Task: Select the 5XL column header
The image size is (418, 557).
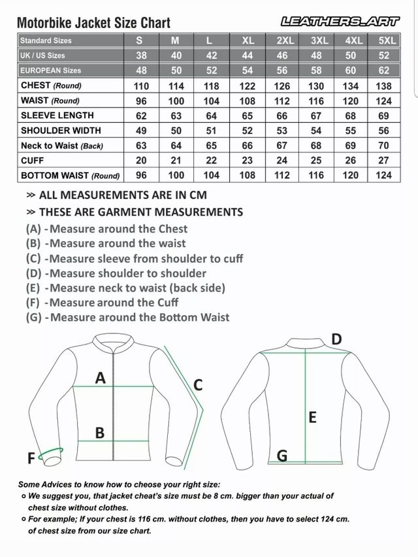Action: coord(387,41)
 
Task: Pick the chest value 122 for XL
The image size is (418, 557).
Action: coord(248,86)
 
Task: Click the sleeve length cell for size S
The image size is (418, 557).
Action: coord(140,116)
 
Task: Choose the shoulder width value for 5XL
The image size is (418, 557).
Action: coord(384,131)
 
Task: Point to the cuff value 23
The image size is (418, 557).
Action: coord(248,160)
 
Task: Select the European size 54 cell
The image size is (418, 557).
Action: coord(248,71)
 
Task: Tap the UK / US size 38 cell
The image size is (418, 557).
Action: coord(140,56)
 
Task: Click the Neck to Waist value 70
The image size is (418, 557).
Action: coord(384,146)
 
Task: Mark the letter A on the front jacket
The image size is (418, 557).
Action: coord(101,377)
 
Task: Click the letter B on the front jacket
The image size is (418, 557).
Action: coord(100,432)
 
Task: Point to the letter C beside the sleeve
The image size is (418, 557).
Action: coord(198,385)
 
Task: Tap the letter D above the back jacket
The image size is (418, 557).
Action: coord(336,339)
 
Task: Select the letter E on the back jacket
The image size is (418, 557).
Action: coord(312,416)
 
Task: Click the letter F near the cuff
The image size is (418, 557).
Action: coord(31,459)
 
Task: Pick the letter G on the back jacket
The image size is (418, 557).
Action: coord(282,456)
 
